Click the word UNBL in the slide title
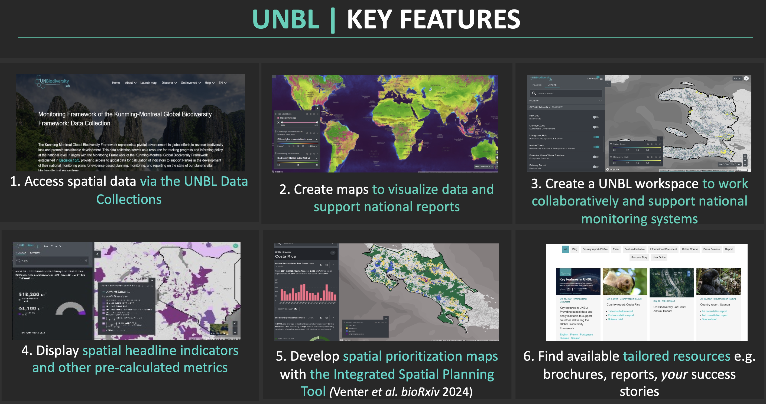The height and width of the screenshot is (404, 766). tap(286, 19)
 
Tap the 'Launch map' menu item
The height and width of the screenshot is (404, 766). tap(148, 83)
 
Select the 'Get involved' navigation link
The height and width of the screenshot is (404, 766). tap(189, 83)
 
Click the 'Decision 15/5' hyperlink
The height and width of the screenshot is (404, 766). tap(69, 160)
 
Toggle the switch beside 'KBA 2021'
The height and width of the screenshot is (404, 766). tap(595, 117)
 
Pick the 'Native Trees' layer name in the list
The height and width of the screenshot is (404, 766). tap(536, 145)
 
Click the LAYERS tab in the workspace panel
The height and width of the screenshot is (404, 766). tap(552, 85)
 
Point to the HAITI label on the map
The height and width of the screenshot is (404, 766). tap(703, 118)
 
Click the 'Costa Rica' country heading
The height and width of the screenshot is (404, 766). tap(285, 256)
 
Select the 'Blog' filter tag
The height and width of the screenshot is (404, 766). tap(574, 249)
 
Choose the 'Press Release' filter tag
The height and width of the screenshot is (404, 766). tap(711, 249)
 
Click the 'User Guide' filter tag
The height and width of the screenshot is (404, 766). tap(659, 258)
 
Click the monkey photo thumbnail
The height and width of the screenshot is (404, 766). tap(624, 282)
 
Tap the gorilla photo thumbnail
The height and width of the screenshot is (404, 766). tap(718, 282)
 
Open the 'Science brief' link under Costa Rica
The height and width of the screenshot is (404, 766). tap(615, 319)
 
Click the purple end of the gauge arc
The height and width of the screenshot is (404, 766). tap(82, 312)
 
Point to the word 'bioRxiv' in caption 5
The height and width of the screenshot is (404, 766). tap(420, 392)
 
